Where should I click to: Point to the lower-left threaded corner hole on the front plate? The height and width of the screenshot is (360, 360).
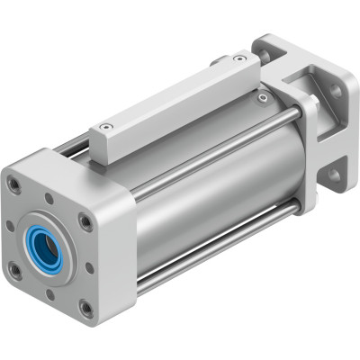pyautogui.click(x=16, y=269)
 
